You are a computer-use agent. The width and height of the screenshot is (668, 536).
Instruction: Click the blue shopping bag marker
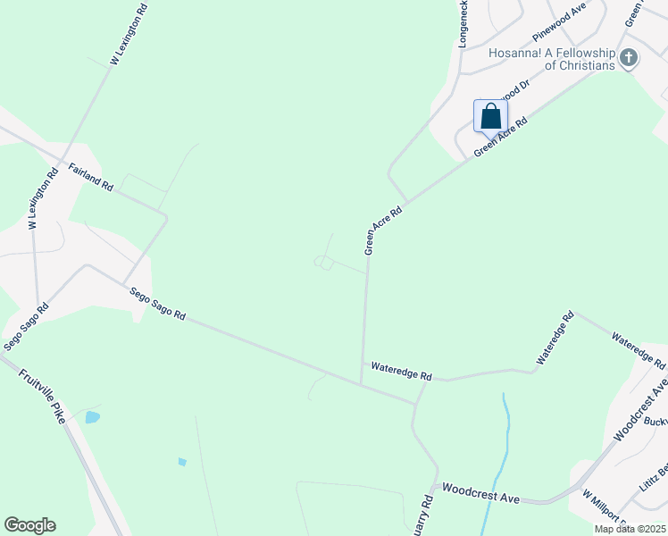(x=490, y=116)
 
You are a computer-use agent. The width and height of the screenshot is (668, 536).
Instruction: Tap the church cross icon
(x=629, y=59)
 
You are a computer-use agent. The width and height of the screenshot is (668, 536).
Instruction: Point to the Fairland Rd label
(x=91, y=176)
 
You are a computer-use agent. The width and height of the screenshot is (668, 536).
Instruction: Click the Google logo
(x=29, y=525)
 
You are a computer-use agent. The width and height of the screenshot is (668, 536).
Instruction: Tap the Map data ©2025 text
(x=630, y=529)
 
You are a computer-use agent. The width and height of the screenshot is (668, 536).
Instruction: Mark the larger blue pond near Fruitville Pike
(x=92, y=417)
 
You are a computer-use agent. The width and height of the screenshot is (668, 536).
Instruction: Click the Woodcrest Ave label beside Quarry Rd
(x=481, y=492)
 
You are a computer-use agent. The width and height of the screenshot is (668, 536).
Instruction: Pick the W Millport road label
(x=600, y=509)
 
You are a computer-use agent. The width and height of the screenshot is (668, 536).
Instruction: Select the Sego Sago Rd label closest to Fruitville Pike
(x=25, y=326)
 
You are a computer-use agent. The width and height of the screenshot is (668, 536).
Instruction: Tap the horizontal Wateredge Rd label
(x=401, y=372)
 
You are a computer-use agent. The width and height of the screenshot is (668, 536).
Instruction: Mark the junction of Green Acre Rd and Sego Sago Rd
(x=361, y=385)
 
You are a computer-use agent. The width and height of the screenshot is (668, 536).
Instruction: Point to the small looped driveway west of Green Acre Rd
(x=323, y=263)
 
